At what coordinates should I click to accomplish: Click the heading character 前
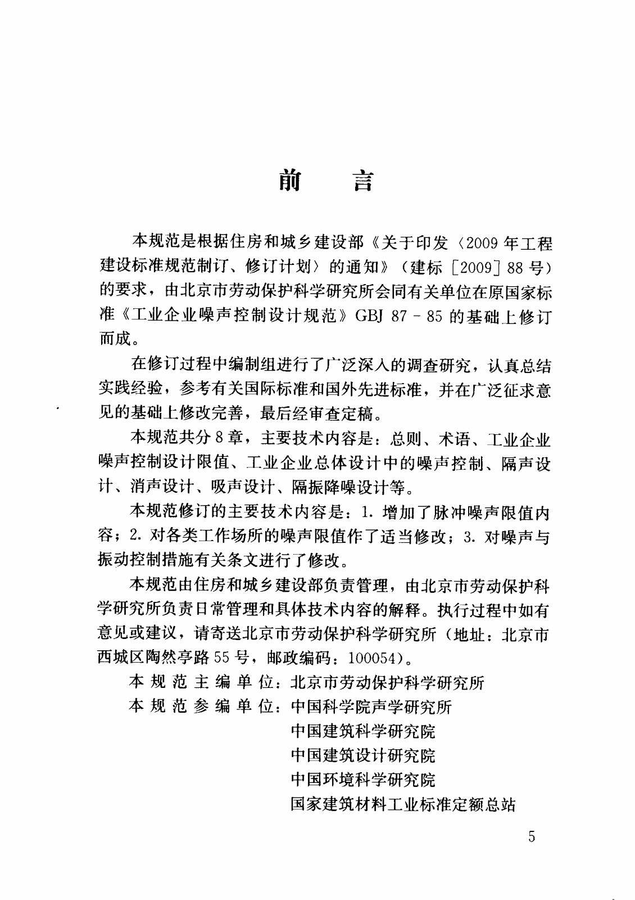click(x=290, y=181)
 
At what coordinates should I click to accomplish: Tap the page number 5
click(x=532, y=836)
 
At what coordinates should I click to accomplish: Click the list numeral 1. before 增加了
click(x=368, y=512)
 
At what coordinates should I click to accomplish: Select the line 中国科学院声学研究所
click(x=371, y=707)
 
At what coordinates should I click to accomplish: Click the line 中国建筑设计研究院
click(x=363, y=755)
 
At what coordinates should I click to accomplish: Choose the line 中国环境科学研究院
click(x=363, y=780)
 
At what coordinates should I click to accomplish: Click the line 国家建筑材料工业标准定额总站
click(x=403, y=804)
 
